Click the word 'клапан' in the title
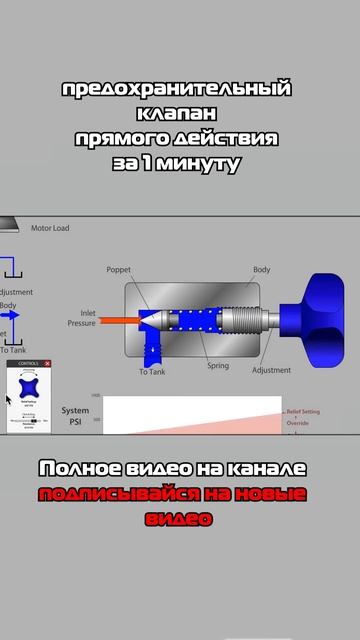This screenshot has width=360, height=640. [x=179, y=114]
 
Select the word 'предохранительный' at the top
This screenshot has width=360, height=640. [x=179, y=90]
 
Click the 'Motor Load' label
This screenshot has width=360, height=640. [x=50, y=228]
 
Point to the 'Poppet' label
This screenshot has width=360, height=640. [x=119, y=270]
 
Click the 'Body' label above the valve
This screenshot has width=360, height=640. [x=261, y=270]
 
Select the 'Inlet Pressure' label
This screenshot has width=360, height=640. [x=81, y=318]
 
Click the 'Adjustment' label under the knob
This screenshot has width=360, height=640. [x=271, y=369]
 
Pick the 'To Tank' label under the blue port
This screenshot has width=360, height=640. [x=152, y=372]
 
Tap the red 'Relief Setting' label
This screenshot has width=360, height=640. [x=303, y=411]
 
